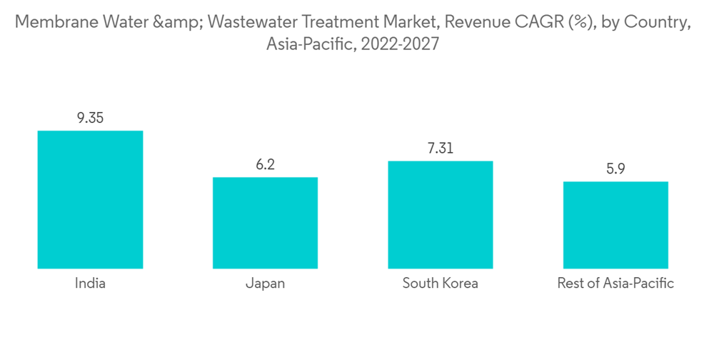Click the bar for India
90,199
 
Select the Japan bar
265,223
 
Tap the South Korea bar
440,214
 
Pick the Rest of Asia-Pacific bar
615,225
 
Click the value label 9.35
90,118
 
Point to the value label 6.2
265,165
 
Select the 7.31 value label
440,149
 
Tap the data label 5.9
615,169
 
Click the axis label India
90,284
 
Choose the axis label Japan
265,284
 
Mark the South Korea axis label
440,284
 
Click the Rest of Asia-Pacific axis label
615,284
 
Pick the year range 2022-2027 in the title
400,44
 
